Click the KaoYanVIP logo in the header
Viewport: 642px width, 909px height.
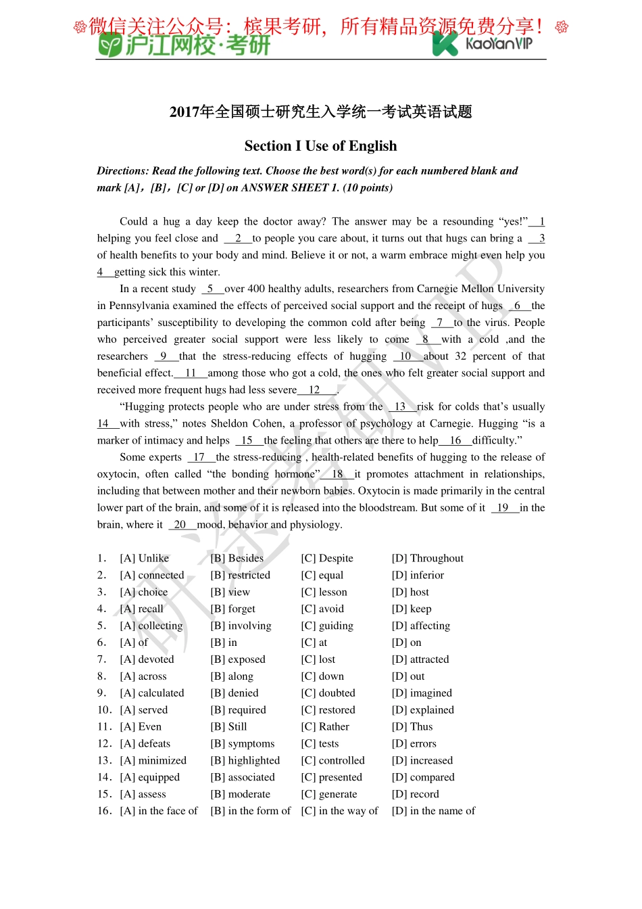coord(482,43)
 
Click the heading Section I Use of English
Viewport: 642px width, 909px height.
coord(320,146)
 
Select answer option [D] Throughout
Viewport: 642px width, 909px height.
coord(427,558)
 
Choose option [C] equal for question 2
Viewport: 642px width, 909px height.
coord(322,575)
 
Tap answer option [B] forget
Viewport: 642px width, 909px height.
coord(232,609)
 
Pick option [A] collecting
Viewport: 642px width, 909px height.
coord(151,626)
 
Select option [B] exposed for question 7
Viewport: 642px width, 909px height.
coord(238,659)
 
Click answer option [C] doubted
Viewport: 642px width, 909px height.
coord(328,693)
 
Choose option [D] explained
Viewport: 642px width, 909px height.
coord(422,710)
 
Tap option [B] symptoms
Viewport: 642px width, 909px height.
coord(242,744)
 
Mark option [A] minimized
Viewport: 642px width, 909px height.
coord(153,761)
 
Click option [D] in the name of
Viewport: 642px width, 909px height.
coord(433,811)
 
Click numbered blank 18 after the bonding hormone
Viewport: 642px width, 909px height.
coord(337,474)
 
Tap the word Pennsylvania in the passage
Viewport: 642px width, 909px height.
coord(139,306)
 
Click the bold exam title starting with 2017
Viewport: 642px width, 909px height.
coord(320,112)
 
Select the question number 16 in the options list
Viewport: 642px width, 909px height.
coord(104,811)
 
